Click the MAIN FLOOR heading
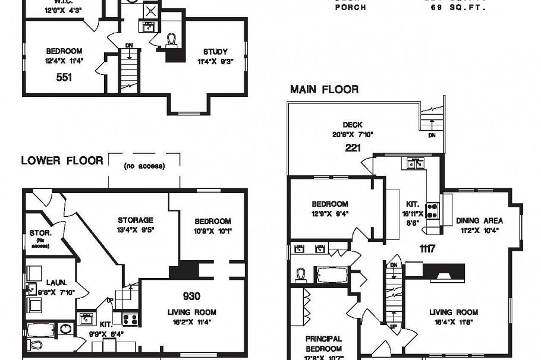[x=324, y=90]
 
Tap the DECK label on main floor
[x=353, y=125]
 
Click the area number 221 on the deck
[x=353, y=147]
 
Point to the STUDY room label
[x=215, y=52]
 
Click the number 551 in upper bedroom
[x=64, y=77]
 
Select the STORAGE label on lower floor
[x=135, y=220]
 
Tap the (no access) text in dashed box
[x=144, y=166]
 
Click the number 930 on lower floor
[x=191, y=296]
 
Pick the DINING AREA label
[x=480, y=220]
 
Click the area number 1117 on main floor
[x=426, y=248]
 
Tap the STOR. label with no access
[x=40, y=233]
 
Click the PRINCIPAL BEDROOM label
[x=323, y=343]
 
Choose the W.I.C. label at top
[x=58, y=2]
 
